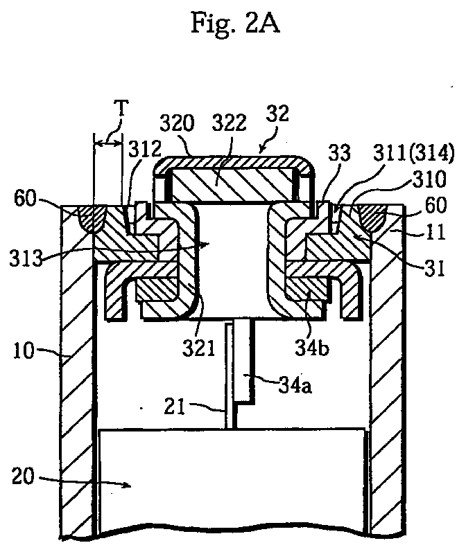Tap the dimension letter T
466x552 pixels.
(x=121, y=108)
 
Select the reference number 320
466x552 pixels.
(x=177, y=123)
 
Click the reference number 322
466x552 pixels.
(x=229, y=123)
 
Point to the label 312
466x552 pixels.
(x=145, y=149)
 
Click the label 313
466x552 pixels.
(x=26, y=258)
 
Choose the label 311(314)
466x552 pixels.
(x=413, y=154)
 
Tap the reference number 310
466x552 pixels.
(x=429, y=179)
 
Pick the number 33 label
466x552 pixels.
(x=340, y=153)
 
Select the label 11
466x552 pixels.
(x=436, y=233)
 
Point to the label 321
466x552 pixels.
(x=198, y=348)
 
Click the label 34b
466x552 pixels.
(x=312, y=348)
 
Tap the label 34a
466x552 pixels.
(x=295, y=386)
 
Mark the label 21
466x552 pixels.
(x=175, y=407)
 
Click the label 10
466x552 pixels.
(x=24, y=350)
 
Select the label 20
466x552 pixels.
(x=24, y=476)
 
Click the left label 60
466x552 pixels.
(x=25, y=199)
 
